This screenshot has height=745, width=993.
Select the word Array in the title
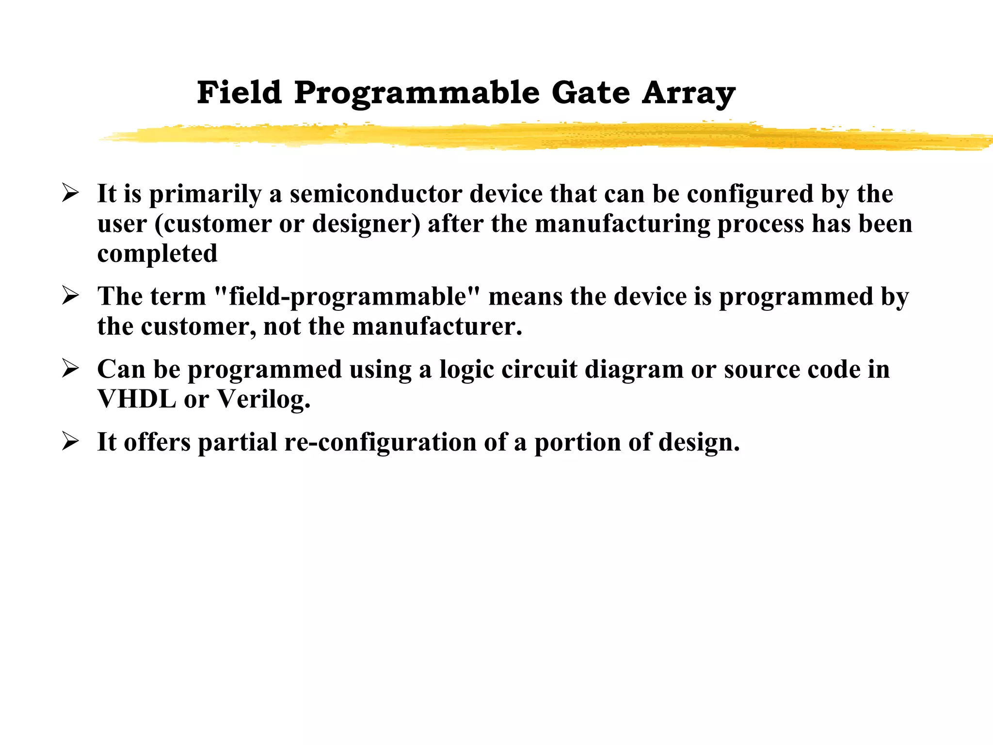pos(689,93)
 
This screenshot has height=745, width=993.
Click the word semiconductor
pos(376,194)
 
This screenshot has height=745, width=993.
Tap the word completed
pos(157,254)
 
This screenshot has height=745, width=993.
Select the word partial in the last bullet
pos(237,443)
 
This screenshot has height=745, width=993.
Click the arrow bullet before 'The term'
pos(71,296)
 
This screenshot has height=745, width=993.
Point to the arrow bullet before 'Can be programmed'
pos(71,369)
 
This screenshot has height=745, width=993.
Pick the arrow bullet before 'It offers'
pos(71,442)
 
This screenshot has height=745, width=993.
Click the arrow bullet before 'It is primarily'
pos(71,194)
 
